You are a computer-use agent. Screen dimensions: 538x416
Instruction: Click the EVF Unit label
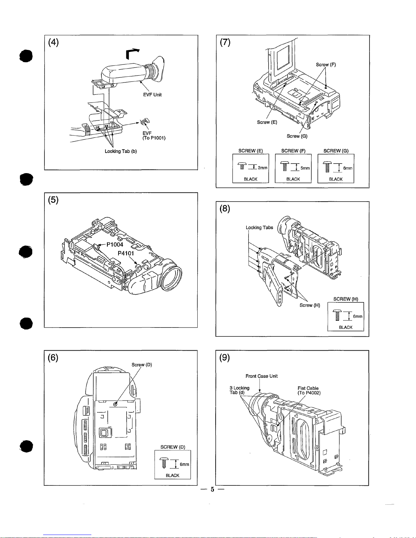(x=152, y=95)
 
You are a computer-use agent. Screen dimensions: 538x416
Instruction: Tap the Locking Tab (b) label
(x=121, y=151)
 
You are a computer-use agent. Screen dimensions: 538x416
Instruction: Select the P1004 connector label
(x=114, y=244)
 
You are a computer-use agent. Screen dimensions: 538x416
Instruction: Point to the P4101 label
(x=126, y=253)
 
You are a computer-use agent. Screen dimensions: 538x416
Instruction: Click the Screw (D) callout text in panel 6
(x=142, y=365)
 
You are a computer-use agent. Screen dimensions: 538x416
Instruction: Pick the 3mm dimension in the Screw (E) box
(x=263, y=168)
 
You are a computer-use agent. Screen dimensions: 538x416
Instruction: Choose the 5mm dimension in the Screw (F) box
(x=305, y=168)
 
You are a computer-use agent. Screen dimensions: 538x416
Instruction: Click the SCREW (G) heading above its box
(x=336, y=151)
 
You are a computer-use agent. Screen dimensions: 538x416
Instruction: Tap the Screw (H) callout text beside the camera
(x=310, y=305)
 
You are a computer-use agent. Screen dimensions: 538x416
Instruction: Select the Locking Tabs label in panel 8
(x=259, y=227)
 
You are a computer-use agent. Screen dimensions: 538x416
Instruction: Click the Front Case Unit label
(x=261, y=376)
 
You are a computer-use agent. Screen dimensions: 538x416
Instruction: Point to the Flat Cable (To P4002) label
(x=309, y=391)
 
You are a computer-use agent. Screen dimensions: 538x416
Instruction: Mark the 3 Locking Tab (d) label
(x=239, y=390)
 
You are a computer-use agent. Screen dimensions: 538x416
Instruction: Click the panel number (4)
(x=53, y=42)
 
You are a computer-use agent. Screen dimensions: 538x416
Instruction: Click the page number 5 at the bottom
(x=212, y=489)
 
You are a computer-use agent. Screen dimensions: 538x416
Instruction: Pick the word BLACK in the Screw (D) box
(x=173, y=476)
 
